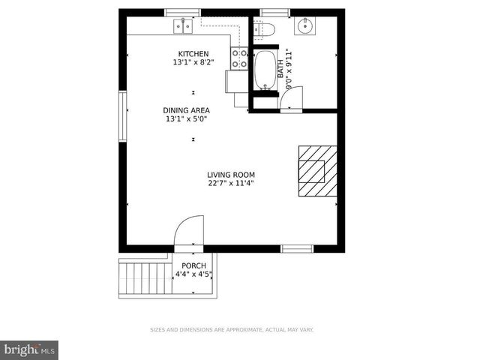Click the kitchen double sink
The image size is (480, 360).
click(183, 27)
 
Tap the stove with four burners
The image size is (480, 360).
click(239, 58)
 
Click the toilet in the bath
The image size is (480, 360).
click(264, 30)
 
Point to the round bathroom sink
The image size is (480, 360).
click(304, 27)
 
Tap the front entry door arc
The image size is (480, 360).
click(190, 230)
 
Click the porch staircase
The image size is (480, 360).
click(145, 277)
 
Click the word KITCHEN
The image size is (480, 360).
click(193, 53)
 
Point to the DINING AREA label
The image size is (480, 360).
click(187, 110)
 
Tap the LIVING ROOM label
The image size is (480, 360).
click(231, 175)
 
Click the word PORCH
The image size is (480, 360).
click(193, 265)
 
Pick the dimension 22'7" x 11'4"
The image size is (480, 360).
click(231, 183)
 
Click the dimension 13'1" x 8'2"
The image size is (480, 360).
click(193, 62)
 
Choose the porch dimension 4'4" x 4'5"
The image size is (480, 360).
click(193, 274)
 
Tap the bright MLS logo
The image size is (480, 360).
click(29, 349)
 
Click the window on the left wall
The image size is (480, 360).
click(123, 116)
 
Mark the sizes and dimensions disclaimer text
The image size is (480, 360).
click(232, 330)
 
